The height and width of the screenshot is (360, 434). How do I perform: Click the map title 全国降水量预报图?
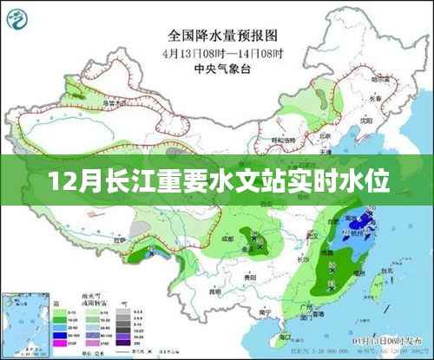(216, 36)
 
